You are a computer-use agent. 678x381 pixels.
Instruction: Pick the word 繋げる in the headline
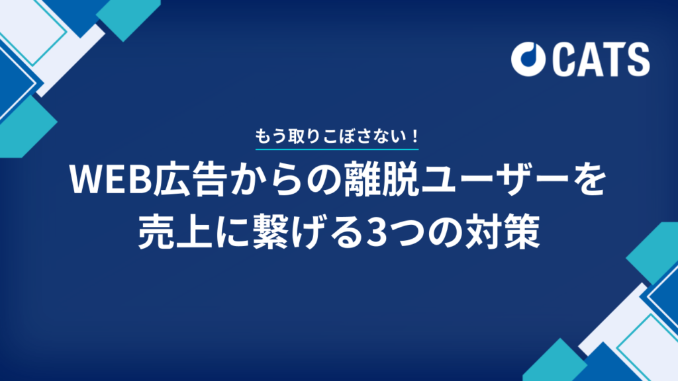tap(297, 234)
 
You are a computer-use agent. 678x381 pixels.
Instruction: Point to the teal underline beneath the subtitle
tap(337, 150)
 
